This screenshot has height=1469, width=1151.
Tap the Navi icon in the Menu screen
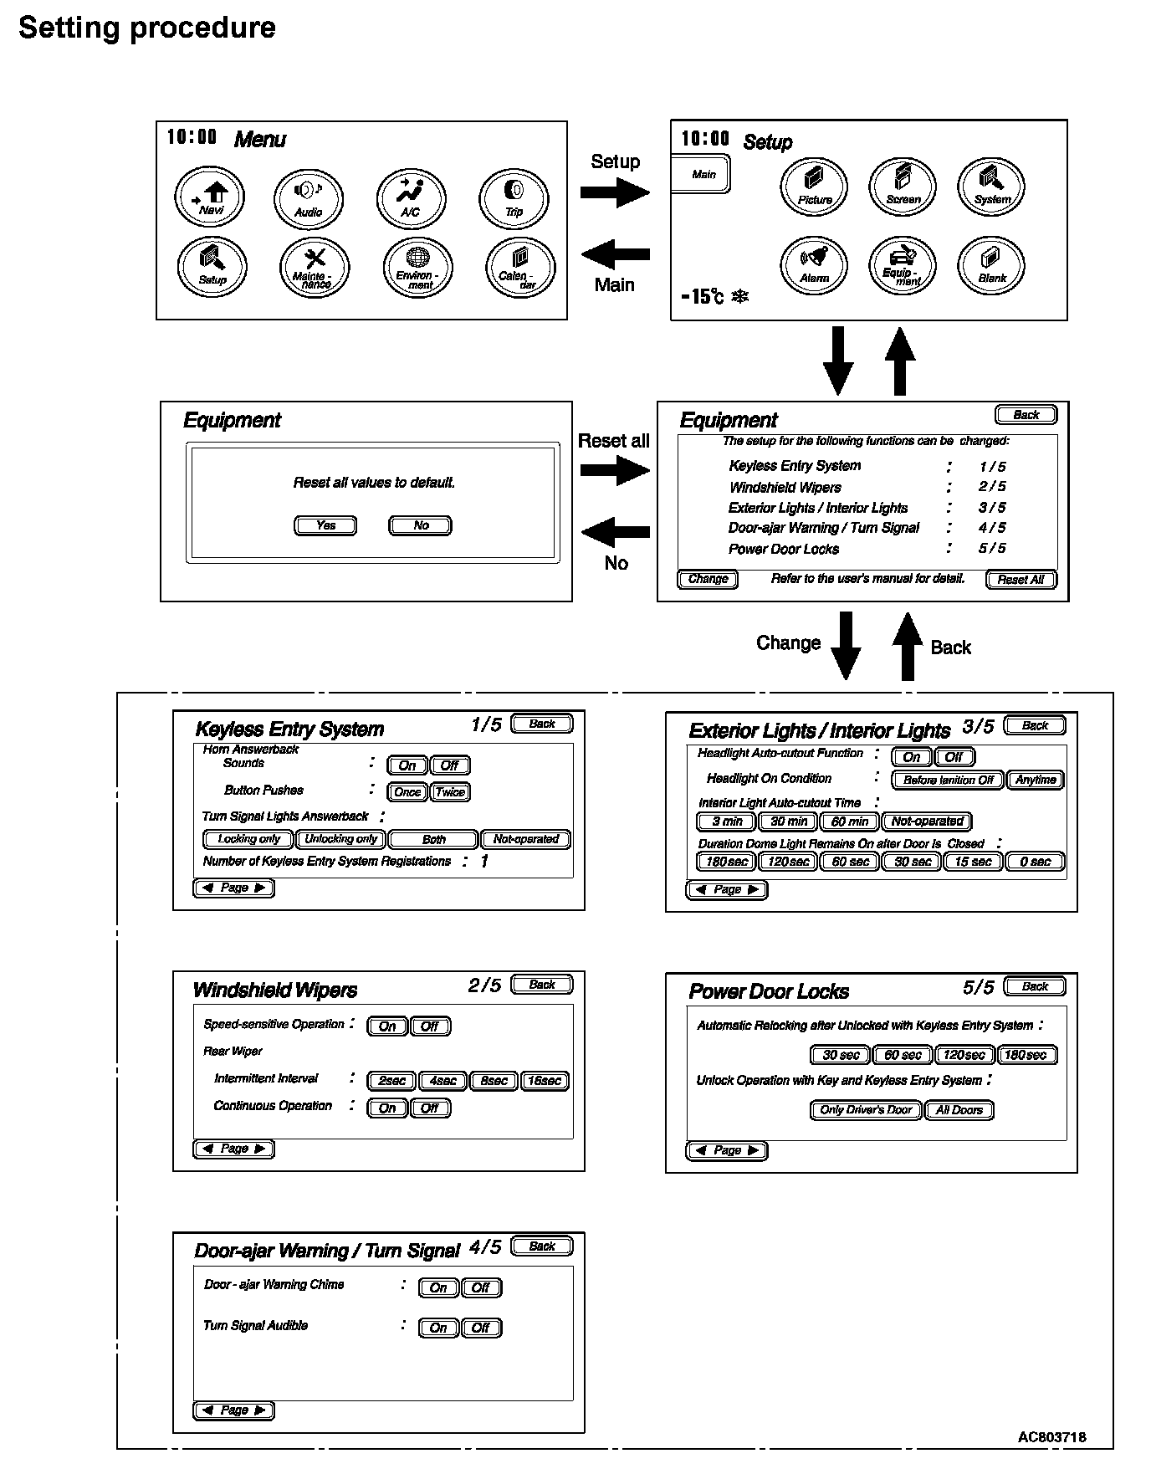click(209, 197)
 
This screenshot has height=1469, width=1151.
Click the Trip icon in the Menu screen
click(514, 198)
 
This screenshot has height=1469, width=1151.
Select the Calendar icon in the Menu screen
click(520, 267)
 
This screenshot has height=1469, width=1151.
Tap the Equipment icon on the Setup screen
click(903, 266)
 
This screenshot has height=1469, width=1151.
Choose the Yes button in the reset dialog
click(325, 525)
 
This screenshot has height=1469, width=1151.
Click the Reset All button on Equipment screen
click(1021, 580)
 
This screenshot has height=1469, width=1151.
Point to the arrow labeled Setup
click(615, 193)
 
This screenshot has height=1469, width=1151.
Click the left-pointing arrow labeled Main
click(615, 253)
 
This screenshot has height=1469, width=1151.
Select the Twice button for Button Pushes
click(450, 792)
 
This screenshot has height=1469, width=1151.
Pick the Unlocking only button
click(341, 839)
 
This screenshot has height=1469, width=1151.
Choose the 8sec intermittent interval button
click(494, 1081)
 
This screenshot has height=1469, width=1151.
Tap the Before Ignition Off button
click(948, 780)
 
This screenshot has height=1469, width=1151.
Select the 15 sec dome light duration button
click(973, 862)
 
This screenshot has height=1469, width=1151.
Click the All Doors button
click(959, 1110)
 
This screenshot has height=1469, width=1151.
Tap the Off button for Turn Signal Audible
click(481, 1328)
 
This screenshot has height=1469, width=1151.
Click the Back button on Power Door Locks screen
click(1035, 986)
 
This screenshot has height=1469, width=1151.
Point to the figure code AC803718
click(1051, 1436)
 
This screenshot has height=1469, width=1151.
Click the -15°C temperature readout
click(703, 296)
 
